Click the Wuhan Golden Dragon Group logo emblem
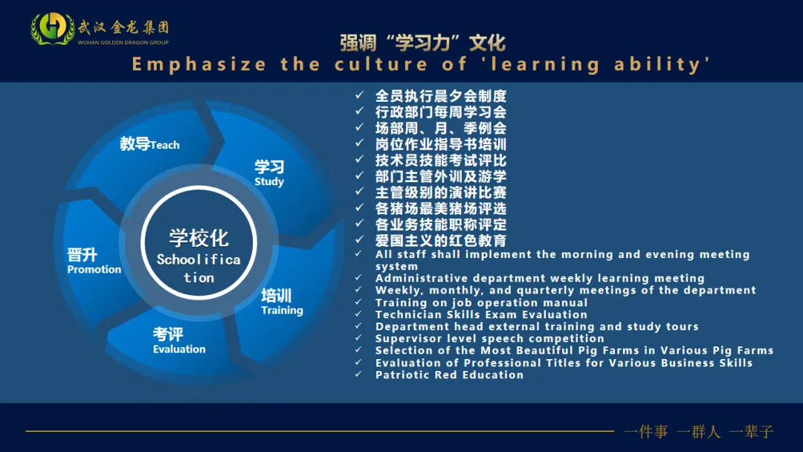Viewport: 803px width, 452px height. (x=52, y=28)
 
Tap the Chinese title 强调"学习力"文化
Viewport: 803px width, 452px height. (x=422, y=42)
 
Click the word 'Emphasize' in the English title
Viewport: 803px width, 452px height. (x=199, y=65)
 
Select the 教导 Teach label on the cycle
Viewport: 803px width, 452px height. (x=149, y=144)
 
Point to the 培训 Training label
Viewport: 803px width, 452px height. (x=281, y=302)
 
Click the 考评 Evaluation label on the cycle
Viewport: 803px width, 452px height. (x=178, y=341)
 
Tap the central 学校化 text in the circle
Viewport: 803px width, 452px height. (x=199, y=239)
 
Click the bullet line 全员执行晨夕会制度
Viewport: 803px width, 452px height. (x=441, y=96)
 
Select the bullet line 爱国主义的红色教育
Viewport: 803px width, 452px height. (x=441, y=240)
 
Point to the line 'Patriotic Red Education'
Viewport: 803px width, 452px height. (x=449, y=375)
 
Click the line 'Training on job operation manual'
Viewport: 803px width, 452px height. (x=481, y=303)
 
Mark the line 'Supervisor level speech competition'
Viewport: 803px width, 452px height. (x=489, y=338)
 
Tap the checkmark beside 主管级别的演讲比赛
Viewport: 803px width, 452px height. (x=360, y=193)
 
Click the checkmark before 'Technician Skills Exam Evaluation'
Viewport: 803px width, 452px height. (x=360, y=314)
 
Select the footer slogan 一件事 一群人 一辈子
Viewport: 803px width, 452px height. (x=698, y=431)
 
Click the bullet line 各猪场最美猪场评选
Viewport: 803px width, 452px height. (x=441, y=208)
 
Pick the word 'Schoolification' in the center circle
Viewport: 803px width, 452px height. (x=199, y=268)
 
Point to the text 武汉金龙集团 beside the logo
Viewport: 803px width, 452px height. (x=123, y=28)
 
